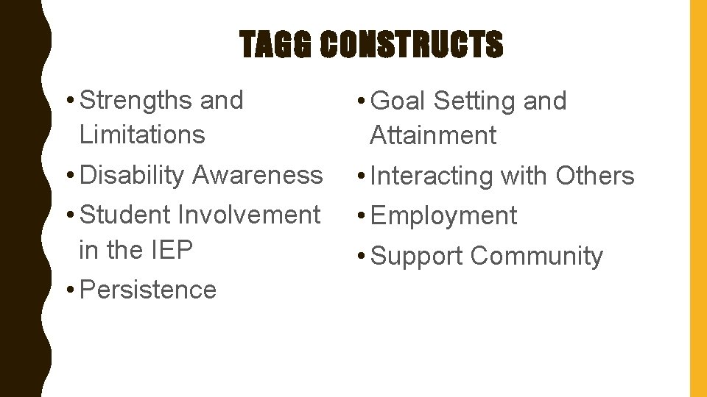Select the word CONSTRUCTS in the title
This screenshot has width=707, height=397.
click(412, 46)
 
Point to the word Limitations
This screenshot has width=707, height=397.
click(142, 135)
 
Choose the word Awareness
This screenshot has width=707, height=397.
click(257, 175)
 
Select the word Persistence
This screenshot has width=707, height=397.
click(148, 290)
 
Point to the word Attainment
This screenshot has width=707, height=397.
click(433, 135)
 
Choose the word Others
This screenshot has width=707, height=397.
click(595, 176)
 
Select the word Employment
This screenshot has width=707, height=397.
click(444, 216)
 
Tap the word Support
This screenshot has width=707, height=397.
click(418, 257)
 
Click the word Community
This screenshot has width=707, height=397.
click(537, 257)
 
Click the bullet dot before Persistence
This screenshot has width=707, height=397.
click(68, 290)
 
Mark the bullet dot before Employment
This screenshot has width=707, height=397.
click(361, 216)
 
